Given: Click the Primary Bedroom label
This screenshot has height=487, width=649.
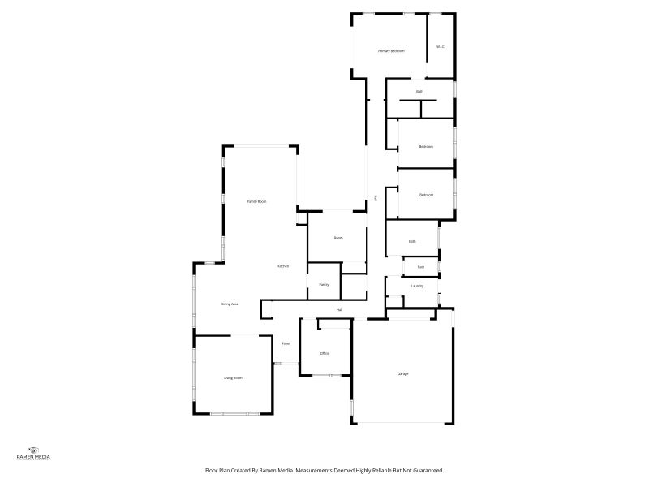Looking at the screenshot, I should pyautogui.click(x=391, y=51).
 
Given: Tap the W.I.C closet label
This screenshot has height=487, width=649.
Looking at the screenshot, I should pyautogui.click(x=441, y=46).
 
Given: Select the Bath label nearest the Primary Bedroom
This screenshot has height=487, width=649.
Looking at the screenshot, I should pyautogui.click(x=419, y=91).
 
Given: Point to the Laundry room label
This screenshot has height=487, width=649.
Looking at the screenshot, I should pyautogui.click(x=417, y=286).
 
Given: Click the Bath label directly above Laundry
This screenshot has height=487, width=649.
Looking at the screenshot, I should pyautogui.click(x=420, y=267).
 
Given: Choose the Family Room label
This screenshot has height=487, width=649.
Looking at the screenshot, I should pyautogui.click(x=256, y=201).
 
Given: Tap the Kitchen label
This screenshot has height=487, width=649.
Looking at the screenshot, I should pyautogui.click(x=283, y=266).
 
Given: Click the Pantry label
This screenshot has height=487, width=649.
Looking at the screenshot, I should pyautogui.click(x=323, y=285).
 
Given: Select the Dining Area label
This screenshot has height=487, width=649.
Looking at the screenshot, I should pyautogui.click(x=229, y=304).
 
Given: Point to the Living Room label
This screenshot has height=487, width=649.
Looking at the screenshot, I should pyautogui.click(x=233, y=377).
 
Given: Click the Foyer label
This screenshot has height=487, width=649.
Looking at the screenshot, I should pyautogui.click(x=286, y=344).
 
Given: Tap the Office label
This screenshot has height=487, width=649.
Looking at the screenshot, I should pyautogui.click(x=324, y=353).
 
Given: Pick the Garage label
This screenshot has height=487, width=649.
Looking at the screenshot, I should pyautogui.click(x=402, y=373).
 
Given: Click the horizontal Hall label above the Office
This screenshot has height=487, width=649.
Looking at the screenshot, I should pyautogui.click(x=339, y=310).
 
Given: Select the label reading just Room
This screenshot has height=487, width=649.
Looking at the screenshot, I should pyautogui.click(x=338, y=238).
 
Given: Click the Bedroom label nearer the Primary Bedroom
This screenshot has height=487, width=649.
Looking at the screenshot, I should pyautogui.click(x=426, y=146).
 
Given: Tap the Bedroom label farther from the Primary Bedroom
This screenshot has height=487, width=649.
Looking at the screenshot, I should pyautogui.click(x=426, y=195).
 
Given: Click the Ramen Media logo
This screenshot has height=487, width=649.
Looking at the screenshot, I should pyautogui.click(x=33, y=454).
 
